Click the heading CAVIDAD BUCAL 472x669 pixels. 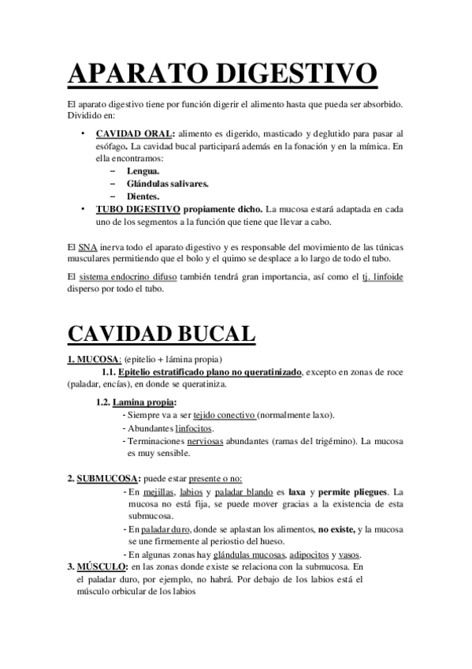pos(162,332)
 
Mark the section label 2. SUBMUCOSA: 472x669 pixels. pos(105,479)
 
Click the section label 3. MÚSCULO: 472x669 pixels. pos(98,566)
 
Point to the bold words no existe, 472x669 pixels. pos(336,529)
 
